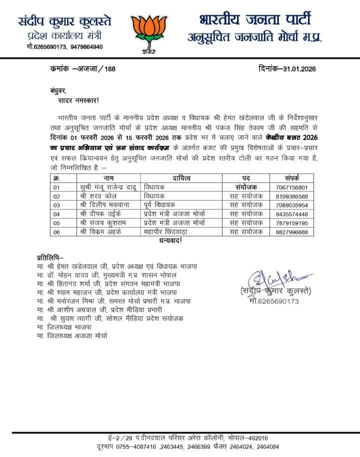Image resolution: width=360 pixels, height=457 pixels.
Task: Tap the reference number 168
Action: (109, 69)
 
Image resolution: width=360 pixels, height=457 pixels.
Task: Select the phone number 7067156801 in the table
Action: (291, 186)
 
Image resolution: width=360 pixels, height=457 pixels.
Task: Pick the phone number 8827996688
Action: (291, 231)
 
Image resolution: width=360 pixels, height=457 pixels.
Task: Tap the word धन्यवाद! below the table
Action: (171, 240)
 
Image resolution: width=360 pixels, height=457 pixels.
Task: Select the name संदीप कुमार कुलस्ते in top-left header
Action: (65, 22)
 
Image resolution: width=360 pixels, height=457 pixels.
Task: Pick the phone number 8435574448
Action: (291, 213)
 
